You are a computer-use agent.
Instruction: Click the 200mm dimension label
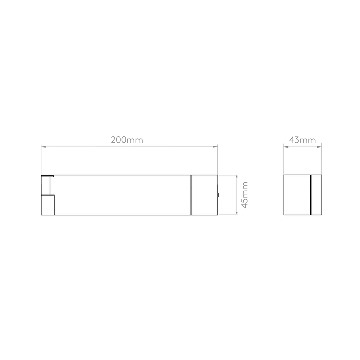coord(127,140)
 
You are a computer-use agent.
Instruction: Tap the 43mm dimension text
coord(302,140)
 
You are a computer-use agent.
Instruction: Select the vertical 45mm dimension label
coord(245,195)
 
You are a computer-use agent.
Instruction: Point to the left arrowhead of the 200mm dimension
coord(43,147)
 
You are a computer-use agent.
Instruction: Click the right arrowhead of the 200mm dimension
coord(215,147)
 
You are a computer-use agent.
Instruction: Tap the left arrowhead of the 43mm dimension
coord(286,147)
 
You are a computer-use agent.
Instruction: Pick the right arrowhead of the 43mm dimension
coord(319,147)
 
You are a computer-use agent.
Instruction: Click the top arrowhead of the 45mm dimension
coord(237,177)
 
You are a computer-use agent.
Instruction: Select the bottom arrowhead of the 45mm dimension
coord(237,213)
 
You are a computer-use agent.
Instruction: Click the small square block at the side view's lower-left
coord(48,205)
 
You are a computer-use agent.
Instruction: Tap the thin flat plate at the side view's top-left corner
coord(47,176)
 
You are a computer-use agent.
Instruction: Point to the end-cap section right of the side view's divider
coord(205,195)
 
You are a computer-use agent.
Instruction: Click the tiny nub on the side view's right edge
coord(218,195)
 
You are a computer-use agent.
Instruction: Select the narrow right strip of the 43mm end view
coord(317,195)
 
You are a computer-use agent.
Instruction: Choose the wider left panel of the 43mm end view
coord(297,195)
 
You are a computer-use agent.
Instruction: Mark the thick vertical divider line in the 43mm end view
coord(311,195)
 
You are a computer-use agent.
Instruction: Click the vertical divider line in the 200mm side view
coord(191,195)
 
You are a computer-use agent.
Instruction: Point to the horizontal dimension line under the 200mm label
coord(129,147)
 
